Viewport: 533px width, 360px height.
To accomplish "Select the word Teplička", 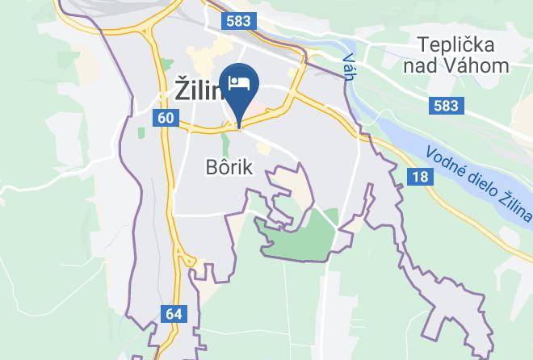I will (455, 43).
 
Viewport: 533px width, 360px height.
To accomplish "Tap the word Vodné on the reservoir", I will (447, 159).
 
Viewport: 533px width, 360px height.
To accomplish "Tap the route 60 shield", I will (165, 118).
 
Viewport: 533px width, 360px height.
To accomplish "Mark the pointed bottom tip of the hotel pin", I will (240, 124).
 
